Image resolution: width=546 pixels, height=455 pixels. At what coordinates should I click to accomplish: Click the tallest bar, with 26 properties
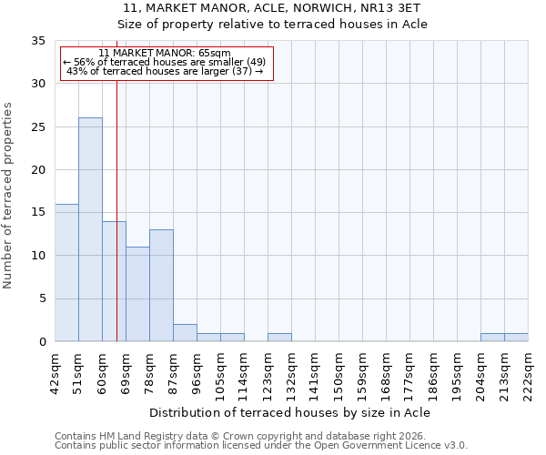(x=90, y=229)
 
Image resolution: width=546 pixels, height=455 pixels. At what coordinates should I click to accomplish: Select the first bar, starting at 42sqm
(x=66, y=273)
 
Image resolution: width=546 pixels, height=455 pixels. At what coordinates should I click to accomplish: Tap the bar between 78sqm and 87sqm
(x=161, y=286)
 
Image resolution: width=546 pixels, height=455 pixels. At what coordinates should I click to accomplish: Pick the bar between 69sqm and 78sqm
(x=137, y=294)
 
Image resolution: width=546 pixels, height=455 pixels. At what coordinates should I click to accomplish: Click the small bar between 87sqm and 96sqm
(x=185, y=333)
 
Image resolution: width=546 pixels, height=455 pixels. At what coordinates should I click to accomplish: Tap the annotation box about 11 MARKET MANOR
(x=166, y=63)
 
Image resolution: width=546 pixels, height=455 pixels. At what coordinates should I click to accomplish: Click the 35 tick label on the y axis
(x=38, y=41)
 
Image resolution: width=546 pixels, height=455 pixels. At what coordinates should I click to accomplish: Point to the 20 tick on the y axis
(x=38, y=170)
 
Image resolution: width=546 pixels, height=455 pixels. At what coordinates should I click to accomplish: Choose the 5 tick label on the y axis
(x=42, y=299)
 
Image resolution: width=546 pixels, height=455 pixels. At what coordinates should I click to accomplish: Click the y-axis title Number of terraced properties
(x=8, y=196)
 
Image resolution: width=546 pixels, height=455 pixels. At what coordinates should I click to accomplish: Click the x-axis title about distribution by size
(x=289, y=412)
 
